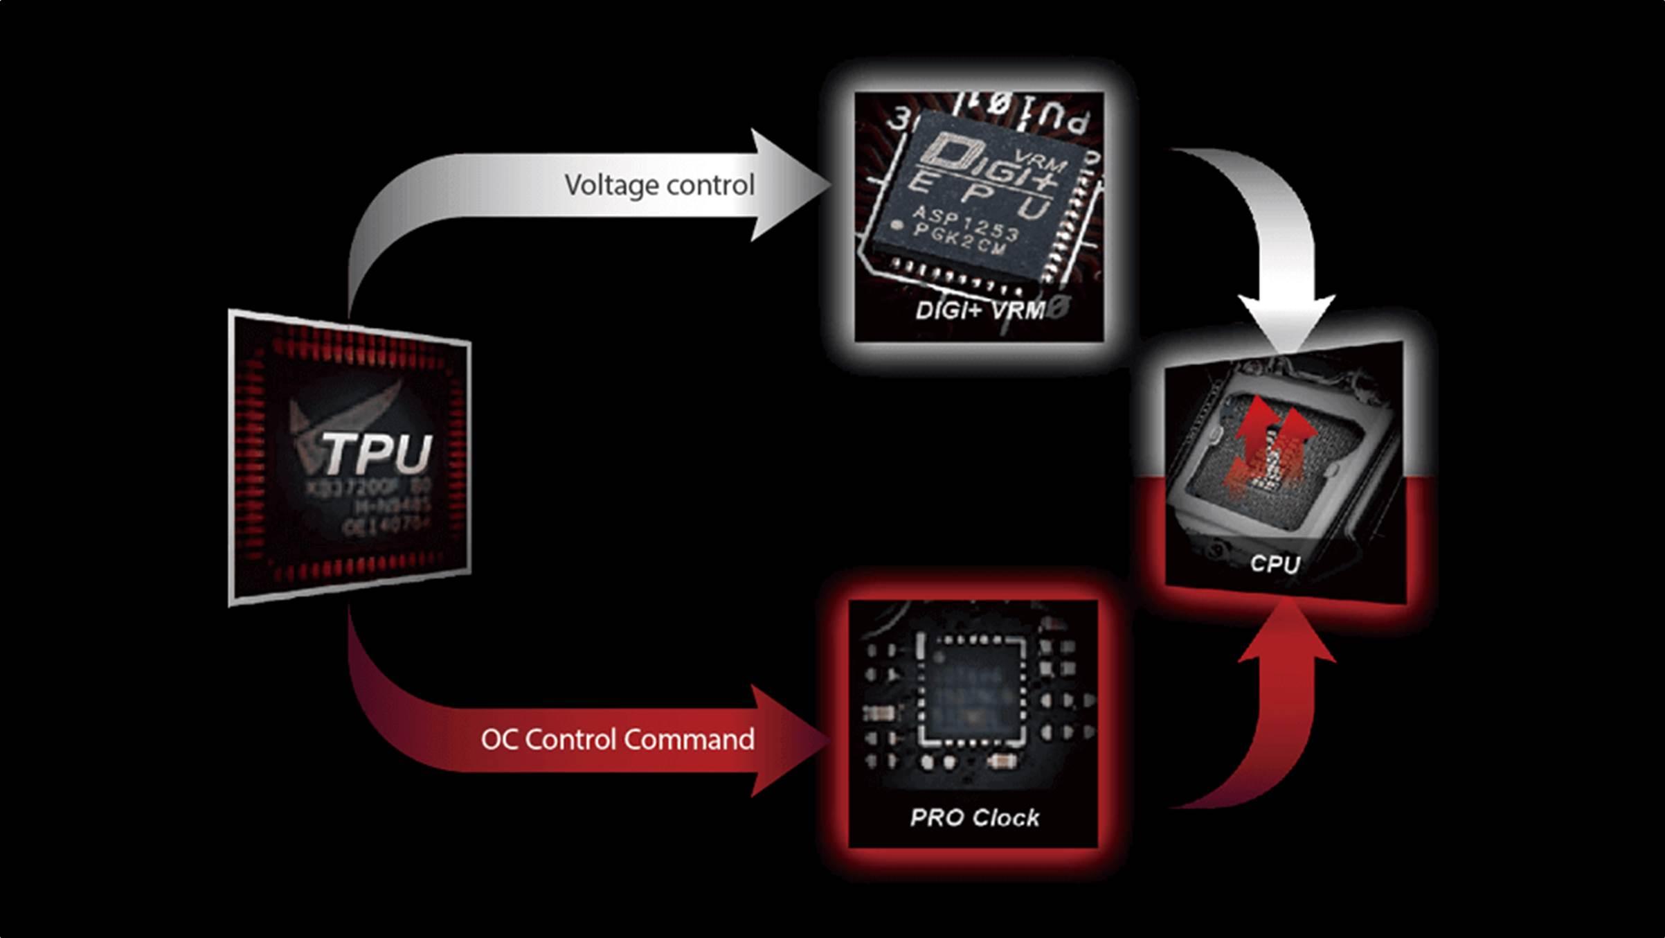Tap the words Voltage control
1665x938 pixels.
pyautogui.click(x=659, y=185)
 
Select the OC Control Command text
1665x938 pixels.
pyautogui.click(x=618, y=739)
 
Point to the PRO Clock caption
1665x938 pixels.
pyautogui.click(x=975, y=818)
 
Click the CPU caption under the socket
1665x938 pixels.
pyautogui.click(x=1275, y=564)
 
